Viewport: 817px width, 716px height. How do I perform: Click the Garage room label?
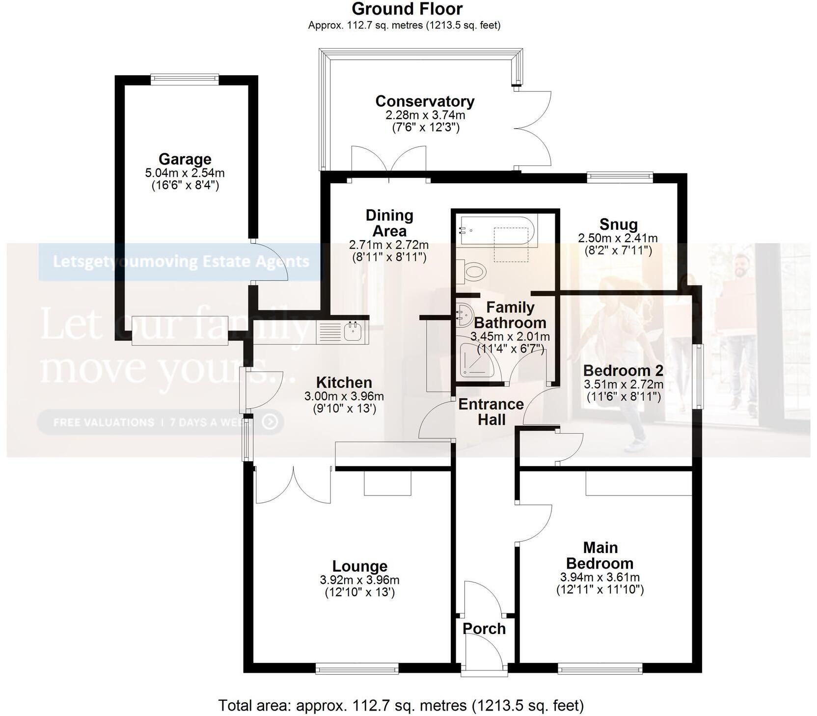pos(185,159)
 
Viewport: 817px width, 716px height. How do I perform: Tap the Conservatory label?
pos(425,101)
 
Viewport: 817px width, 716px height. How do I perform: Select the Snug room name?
pos(618,224)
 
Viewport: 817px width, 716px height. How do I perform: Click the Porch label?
pos(484,629)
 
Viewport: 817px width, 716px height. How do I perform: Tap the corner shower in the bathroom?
pos(477,361)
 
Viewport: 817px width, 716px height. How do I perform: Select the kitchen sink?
pos(353,330)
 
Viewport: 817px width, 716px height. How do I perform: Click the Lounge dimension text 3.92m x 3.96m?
pos(359,580)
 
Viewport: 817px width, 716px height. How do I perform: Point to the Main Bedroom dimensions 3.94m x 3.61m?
pos(599,578)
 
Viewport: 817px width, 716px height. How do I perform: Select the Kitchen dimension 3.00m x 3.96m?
pos(344,396)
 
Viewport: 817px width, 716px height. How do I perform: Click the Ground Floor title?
pos(407,9)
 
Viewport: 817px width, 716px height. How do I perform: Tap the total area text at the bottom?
pos(401,705)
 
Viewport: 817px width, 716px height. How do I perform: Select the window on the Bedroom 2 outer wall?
pos(698,376)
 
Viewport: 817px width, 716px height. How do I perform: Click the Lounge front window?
pos(356,668)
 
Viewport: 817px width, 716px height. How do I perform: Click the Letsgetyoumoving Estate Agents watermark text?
pos(181,261)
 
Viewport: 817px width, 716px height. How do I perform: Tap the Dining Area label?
pos(389,223)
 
